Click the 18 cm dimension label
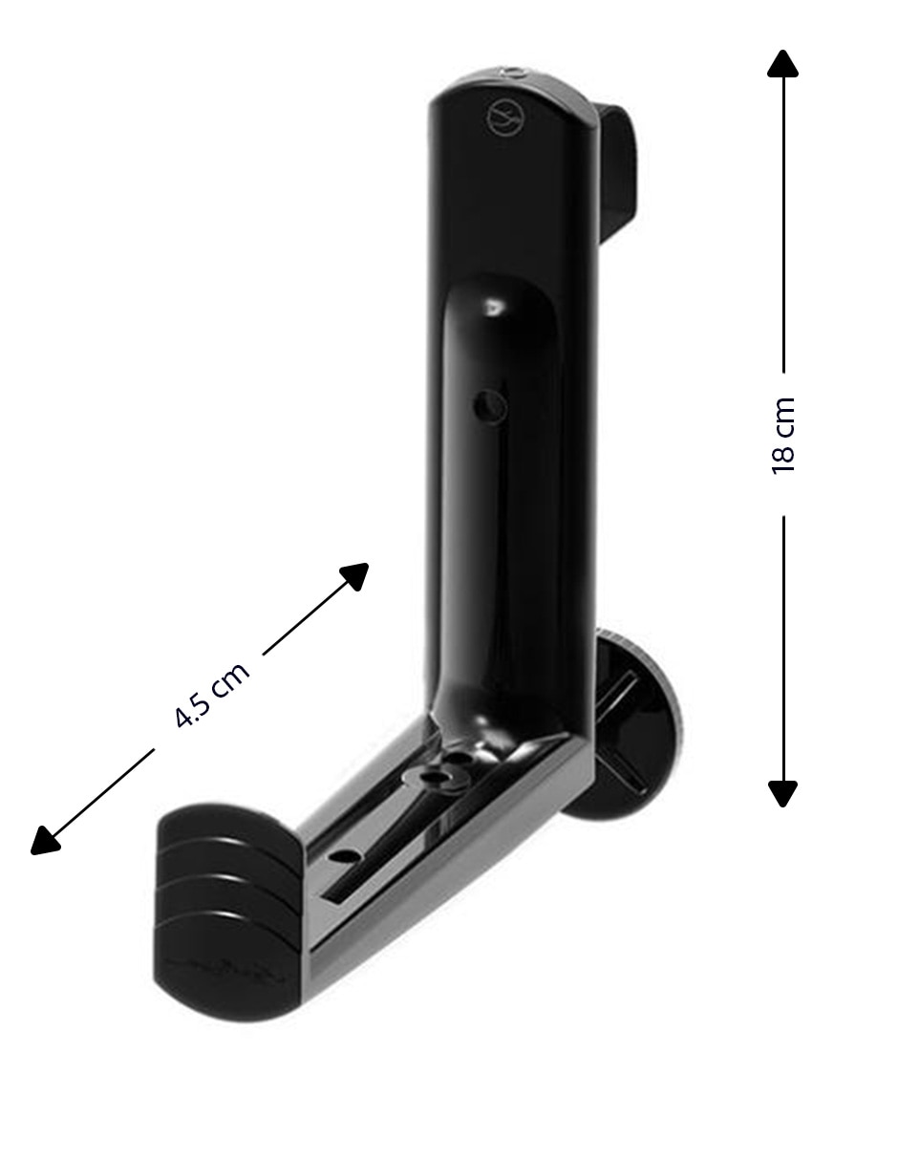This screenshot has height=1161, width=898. point(783,436)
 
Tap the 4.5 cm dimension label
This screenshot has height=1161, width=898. point(212,695)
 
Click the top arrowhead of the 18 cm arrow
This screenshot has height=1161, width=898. point(782,64)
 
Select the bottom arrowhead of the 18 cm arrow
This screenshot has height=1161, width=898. point(782,794)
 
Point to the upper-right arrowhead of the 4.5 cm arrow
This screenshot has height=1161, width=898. point(356,575)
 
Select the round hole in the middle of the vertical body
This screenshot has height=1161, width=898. point(490,408)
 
